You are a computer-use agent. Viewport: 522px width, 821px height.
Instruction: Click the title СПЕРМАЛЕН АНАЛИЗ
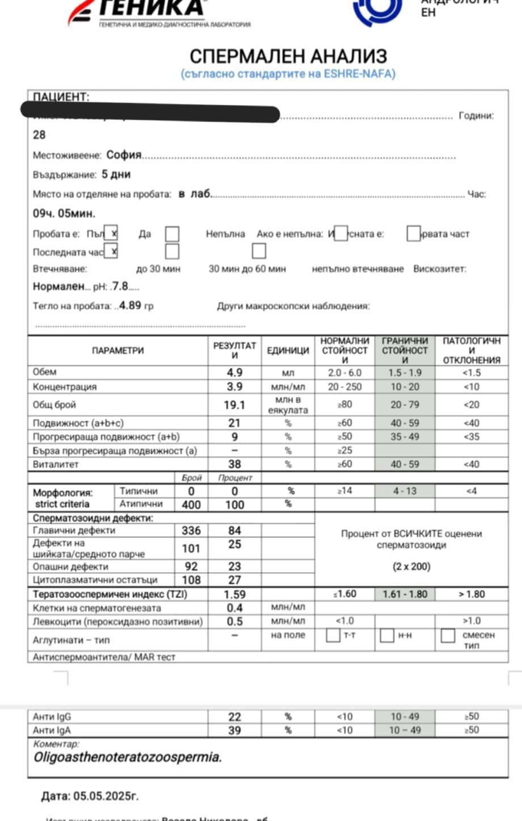(288, 56)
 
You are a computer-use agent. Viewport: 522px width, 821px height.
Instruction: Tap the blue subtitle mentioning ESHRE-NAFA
(288, 74)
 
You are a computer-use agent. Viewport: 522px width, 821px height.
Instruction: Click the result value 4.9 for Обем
(234, 373)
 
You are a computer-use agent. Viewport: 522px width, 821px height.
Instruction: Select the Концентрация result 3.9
(234, 386)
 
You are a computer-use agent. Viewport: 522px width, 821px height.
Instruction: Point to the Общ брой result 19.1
(234, 405)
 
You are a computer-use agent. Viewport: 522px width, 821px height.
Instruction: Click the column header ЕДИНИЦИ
(288, 351)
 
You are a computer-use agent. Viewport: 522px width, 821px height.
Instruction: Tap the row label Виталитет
(56, 464)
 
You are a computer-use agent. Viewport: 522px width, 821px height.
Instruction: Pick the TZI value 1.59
(234, 594)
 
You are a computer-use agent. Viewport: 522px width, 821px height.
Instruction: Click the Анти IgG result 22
(234, 717)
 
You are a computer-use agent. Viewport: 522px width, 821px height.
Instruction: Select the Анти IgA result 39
(234, 731)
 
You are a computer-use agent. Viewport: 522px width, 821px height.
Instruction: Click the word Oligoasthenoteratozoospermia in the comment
(128, 757)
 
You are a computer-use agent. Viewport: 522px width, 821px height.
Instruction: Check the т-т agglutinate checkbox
(333, 635)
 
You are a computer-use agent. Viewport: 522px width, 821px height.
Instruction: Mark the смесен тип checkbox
(448, 635)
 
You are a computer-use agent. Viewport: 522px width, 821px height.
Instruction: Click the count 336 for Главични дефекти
(191, 530)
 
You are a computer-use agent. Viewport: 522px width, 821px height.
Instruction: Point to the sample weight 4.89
(130, 305)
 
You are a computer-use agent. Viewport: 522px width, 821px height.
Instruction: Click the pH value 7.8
(120, 286)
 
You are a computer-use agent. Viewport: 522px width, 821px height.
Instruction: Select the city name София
(124, 155)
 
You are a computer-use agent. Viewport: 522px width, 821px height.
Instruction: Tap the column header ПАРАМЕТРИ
(118, 351)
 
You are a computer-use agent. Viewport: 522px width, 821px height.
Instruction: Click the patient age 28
(39, 135)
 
